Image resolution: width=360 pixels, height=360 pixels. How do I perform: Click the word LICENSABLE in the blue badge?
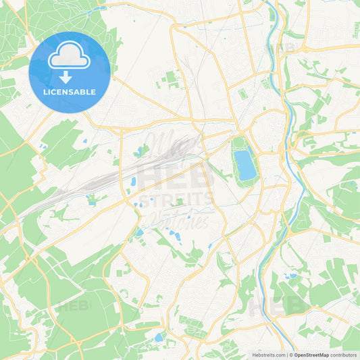click(x=70, y=92)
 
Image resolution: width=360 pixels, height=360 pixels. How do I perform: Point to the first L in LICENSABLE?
click(x=45, y=92)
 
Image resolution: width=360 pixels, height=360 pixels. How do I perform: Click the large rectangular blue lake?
click(x=245, y=164)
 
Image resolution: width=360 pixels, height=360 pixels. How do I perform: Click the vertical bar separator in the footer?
click(x=286, y=354)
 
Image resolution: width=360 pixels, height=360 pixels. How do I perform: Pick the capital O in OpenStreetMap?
click(x=297, y=354)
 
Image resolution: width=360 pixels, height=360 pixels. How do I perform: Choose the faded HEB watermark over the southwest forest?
click(x=74, y=306)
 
